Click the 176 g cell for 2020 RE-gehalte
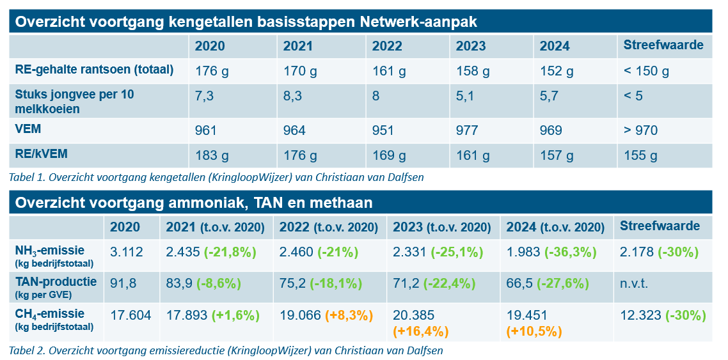(x=211, y=70)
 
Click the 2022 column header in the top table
(x=387, y=46)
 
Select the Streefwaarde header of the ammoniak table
(x=660, y=226)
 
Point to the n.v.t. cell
(x=634, y=283)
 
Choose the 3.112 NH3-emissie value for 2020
(x=126, y=252)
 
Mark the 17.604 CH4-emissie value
(x=131, y=315)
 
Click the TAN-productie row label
(x=56, y=281)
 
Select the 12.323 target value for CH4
(x=640, y=315)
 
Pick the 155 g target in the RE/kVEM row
(x=640, y=155)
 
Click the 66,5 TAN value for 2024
(x=519, y=283)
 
